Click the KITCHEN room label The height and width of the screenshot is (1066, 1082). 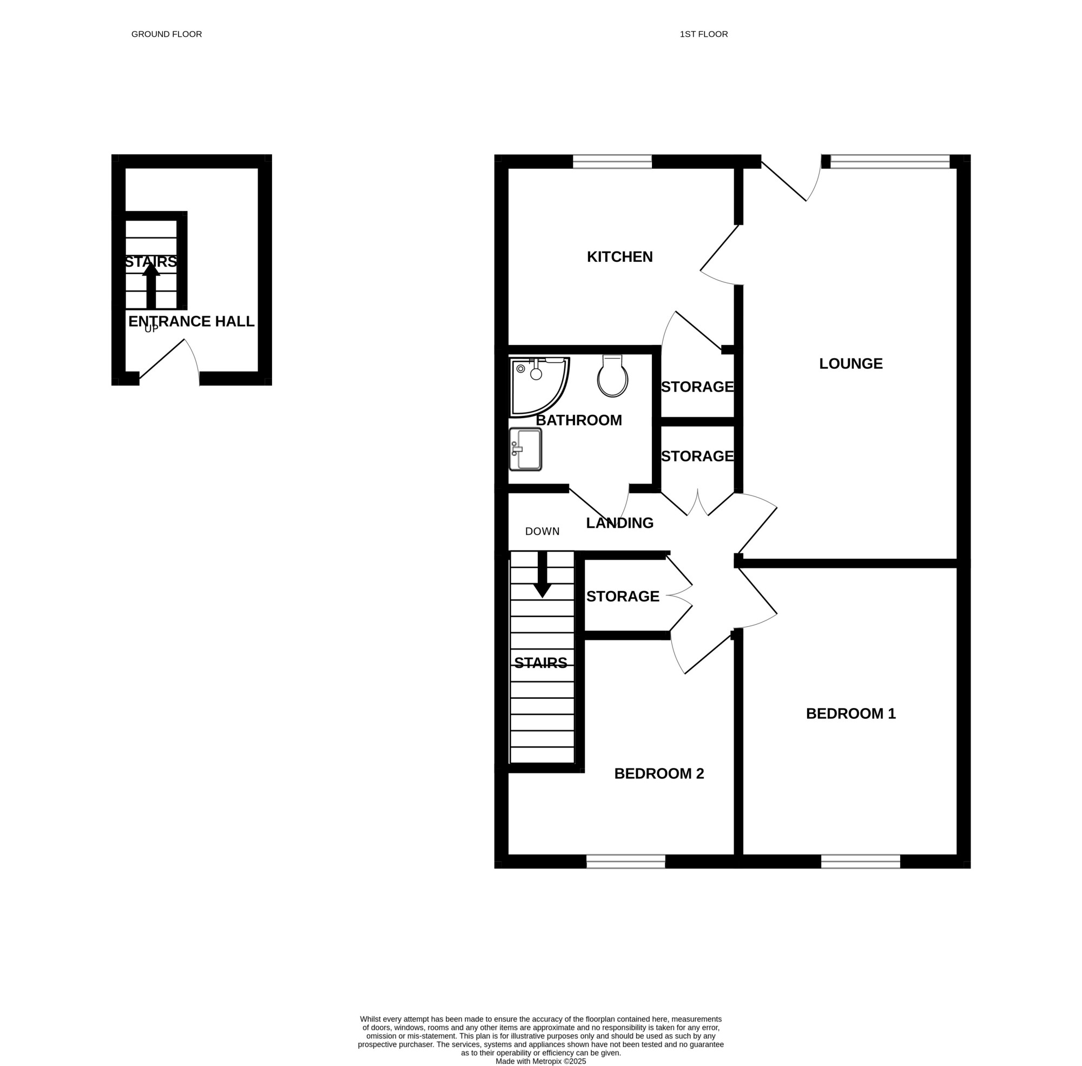coord(619,257)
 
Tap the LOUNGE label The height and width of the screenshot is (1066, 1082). coord(850,364)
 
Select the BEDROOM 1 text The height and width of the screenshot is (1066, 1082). coord(850,714)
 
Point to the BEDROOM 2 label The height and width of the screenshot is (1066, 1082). coord(658,774)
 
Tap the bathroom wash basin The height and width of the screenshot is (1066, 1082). coord(525,449)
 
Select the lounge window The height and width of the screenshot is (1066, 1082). coord(890,162)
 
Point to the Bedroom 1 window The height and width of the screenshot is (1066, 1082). coord(860,862)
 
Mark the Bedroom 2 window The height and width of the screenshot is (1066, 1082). coord(625,862)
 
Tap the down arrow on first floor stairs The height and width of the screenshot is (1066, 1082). coord(542,574)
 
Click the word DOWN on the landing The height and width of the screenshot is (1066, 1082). coord(542,531)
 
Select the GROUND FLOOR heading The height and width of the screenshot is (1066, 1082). coord(166,34)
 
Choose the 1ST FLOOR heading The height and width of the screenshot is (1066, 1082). coord(703,34)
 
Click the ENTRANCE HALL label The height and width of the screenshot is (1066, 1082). coord(192,321)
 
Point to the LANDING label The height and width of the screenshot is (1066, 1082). coord(619,523)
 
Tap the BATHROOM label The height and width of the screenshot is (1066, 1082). coord(578,420)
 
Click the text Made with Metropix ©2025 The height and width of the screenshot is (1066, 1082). coord(540,1061)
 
